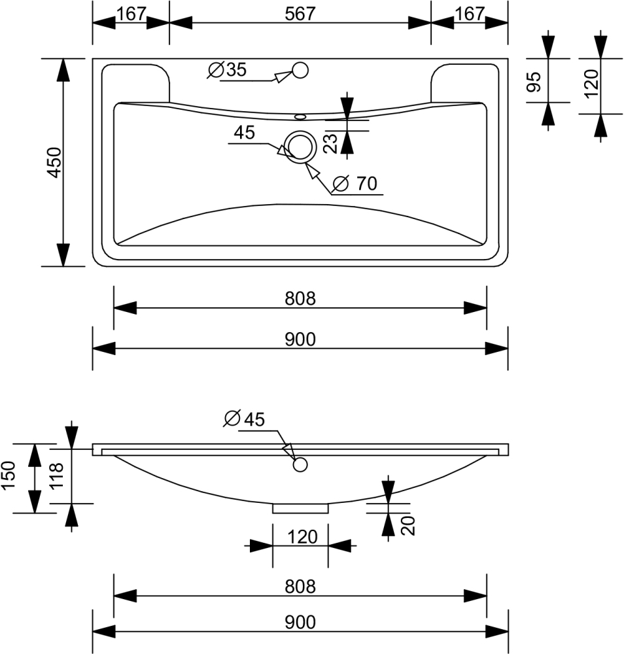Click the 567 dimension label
[300, 14]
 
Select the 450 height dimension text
[54, 162]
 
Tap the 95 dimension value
[534, 82]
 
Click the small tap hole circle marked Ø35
[300, 70]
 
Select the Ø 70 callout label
[356, 184]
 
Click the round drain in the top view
[300, 145]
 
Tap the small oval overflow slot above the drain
[300, 117]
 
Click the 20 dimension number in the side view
[408, 525]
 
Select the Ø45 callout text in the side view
[244, 419]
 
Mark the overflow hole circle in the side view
[300, 465]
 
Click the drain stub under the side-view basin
[300, 508]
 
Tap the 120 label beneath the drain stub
[302, 538]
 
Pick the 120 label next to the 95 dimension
[591, 83]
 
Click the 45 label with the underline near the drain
[243, 133]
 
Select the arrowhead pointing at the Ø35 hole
[281, 77]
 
